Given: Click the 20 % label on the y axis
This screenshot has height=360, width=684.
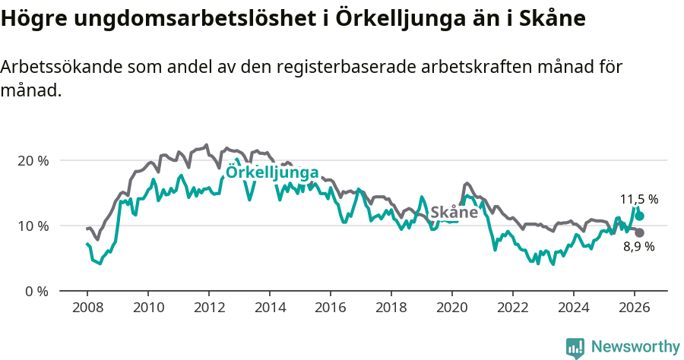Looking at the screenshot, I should coord(33,160).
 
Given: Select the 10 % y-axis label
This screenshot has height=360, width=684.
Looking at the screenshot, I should coord(33,226).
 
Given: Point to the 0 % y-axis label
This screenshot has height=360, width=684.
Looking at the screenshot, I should coord(36,291).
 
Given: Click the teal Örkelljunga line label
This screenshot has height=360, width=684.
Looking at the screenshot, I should coord(272,172).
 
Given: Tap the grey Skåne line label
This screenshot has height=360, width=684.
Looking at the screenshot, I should coord(454,212).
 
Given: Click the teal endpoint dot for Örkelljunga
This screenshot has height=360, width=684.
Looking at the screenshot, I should coord(639,216).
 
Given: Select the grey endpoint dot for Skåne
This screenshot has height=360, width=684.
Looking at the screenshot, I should coord(639,232).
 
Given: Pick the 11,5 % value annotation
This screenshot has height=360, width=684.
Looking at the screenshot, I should coord(638,199).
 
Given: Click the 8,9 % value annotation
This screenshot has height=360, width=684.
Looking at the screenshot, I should coord(638,247).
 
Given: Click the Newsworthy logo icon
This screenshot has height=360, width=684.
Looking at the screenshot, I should coord(575,347).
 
